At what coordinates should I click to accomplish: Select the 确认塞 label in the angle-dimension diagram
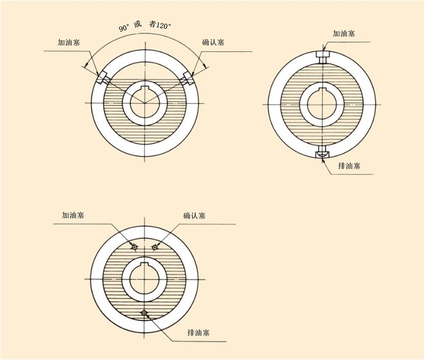[x=213, y=42]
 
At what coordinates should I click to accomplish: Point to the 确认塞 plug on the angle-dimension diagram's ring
[x=187, y=78]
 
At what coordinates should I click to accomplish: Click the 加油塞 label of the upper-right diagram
[x=343, y=33]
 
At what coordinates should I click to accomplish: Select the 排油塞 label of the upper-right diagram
[x=349, y=166]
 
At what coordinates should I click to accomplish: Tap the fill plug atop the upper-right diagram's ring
[x=323, y=56]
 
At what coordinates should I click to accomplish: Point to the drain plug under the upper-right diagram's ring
[x=323, y=152]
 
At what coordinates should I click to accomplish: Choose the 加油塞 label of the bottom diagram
[x=73, y=215]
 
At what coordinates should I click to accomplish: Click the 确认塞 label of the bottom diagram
[x=195, y=215]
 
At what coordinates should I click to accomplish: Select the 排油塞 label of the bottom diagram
[x=199, y=333]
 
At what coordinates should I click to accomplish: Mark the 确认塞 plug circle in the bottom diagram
[x=154, y=247]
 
